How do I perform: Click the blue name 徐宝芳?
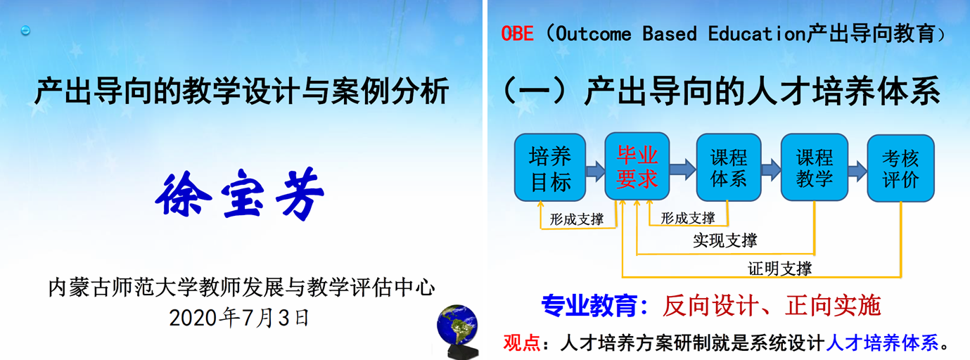coord(239,193)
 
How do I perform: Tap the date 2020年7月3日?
coord(239,318)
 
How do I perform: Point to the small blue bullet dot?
coord(25,30)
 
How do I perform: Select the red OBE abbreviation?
coord(517,34)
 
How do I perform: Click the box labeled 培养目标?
coord(550,167)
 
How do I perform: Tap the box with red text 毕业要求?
coord(637,166)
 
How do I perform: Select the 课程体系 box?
coord(729,167)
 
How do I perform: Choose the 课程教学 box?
coord(814,167)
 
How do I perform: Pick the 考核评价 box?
coord(900,168)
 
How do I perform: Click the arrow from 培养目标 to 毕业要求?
coord(595,171)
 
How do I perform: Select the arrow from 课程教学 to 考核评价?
coord(857,171)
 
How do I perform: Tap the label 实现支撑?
coord(725,240)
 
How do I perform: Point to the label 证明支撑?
coord(779,269)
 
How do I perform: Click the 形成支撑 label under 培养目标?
coord(576,219)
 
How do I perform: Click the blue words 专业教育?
coord(589,306)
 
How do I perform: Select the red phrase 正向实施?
coord(833,305)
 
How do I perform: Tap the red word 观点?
coord(521,342)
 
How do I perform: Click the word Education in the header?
coord(756,34)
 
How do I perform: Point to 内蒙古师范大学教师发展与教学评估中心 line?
coord(241,288)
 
